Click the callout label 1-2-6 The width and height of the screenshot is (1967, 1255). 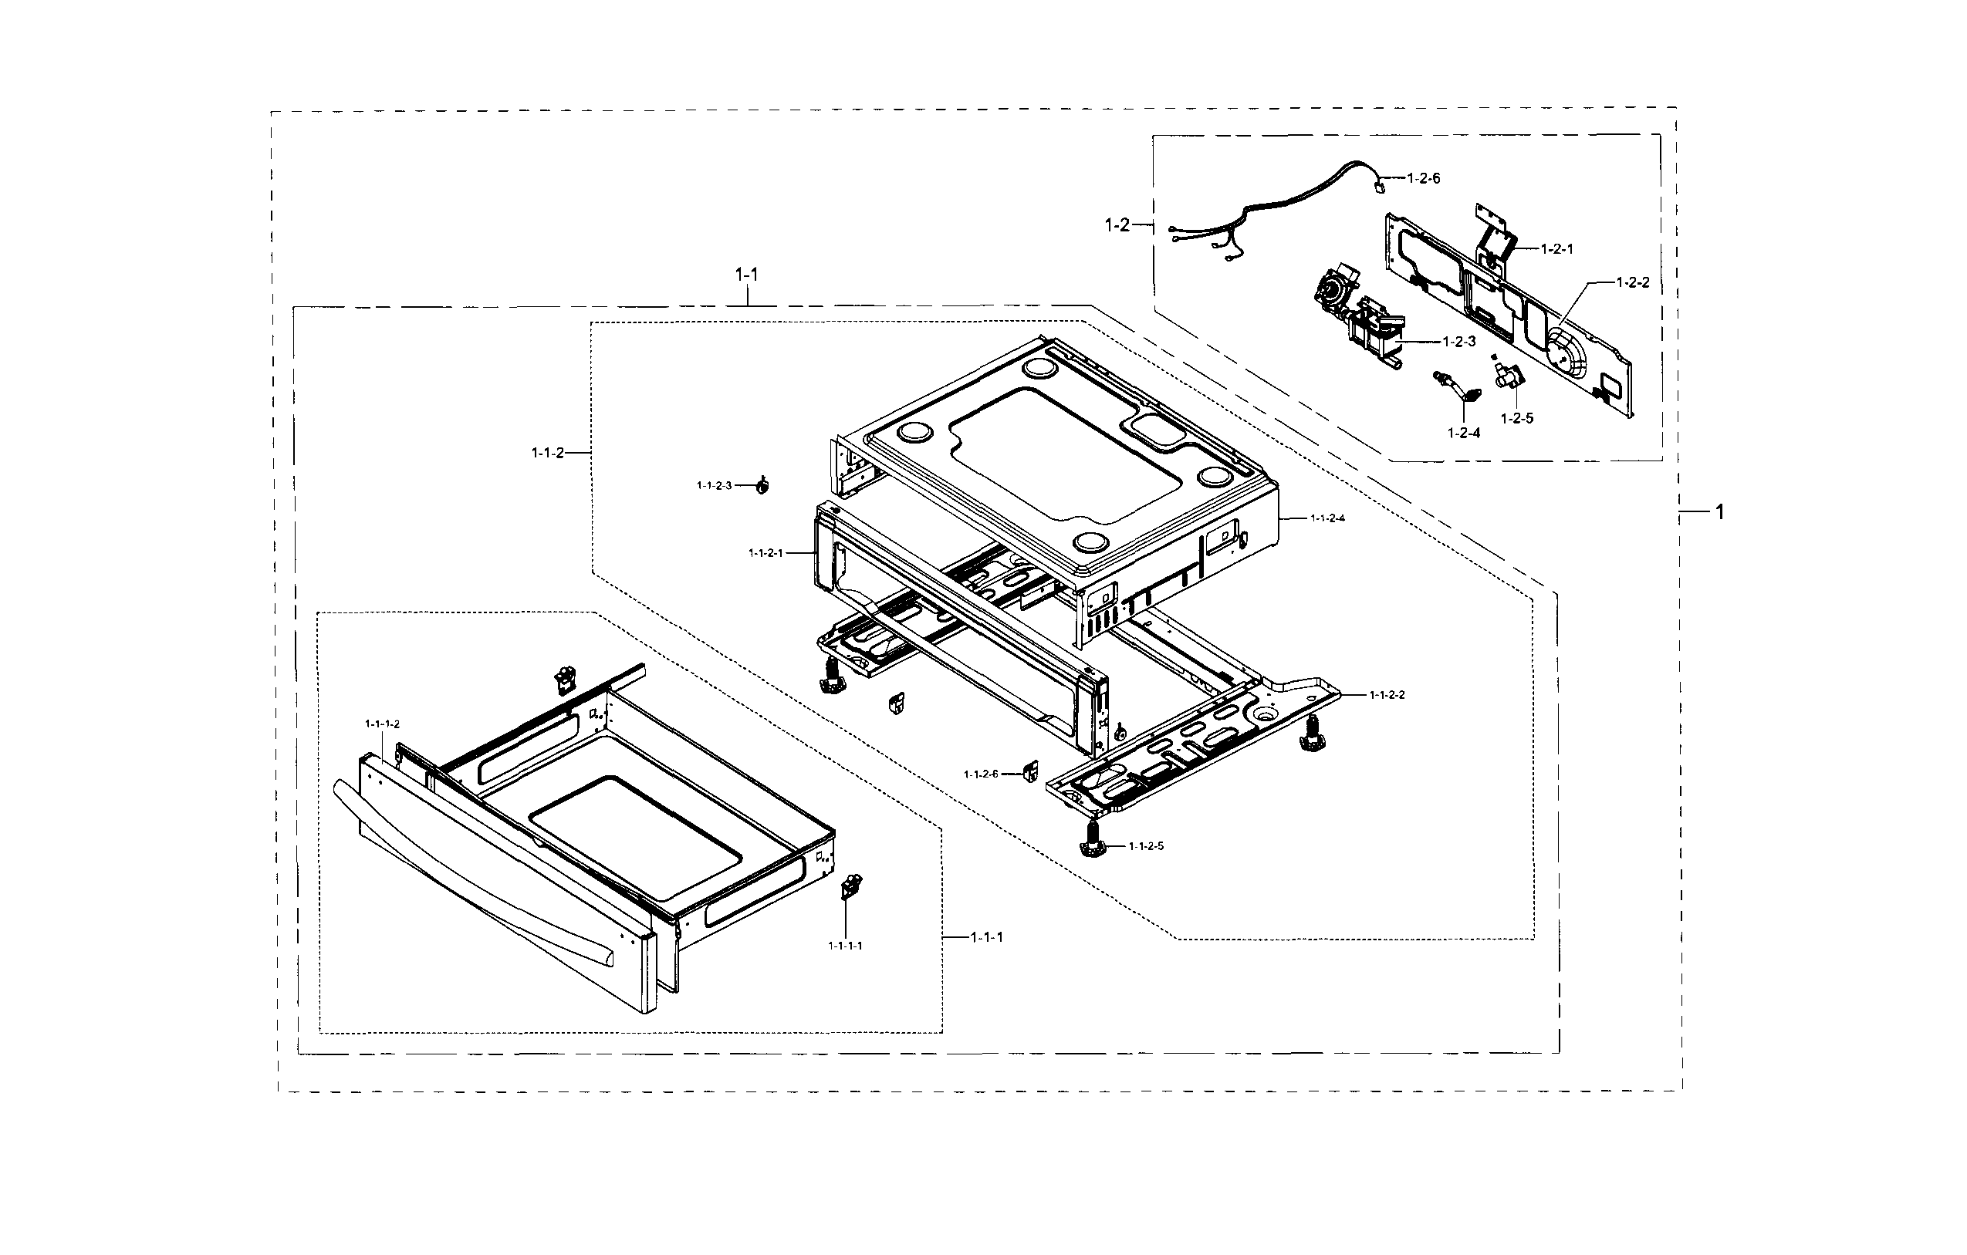[1423, 178]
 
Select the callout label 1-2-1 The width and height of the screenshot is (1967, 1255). [1557, 249]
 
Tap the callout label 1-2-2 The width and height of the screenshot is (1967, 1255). [1633, 282]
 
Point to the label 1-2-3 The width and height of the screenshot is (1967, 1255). [1459, 341]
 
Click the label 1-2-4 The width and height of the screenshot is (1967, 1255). [1463, 433]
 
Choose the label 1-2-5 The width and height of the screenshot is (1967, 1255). [1517, 418]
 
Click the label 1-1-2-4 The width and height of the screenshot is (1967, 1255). [1327, 518]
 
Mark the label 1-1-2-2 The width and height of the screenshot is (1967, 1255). [1387, 695]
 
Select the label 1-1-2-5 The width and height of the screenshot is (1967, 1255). [1146, 846]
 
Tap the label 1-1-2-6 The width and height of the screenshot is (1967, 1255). [980, 774]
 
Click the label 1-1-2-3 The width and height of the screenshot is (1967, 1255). [714, 486]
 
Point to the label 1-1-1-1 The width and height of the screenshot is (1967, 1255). [845, 946]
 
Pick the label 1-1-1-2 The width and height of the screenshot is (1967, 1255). [382, 724]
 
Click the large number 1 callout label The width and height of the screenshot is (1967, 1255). [1719, 512]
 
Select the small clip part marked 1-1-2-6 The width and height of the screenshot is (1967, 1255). [1030, 770]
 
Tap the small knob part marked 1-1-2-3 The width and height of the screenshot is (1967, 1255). [762, 486]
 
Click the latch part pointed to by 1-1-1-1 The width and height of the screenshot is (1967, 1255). [851, 886]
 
